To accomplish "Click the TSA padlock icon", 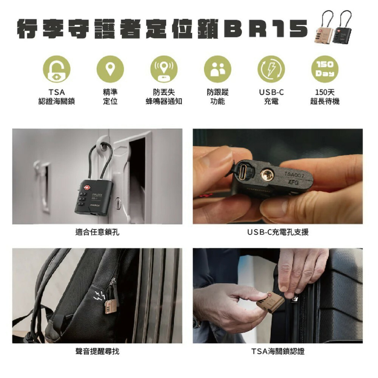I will point(56,69).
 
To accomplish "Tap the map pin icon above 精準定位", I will point(110,69).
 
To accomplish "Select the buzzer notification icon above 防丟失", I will point(164,69).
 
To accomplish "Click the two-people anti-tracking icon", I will point(217,69).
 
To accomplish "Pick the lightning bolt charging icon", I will point(271,69).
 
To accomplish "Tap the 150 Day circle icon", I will point(325,69).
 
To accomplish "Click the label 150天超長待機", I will point(325,97).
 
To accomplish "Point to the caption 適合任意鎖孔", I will point(97,232).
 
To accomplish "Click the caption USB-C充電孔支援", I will point(278,232).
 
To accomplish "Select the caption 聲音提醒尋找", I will point(97,352).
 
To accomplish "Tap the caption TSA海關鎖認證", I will point(278,352).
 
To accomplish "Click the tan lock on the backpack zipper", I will point(110,306).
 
